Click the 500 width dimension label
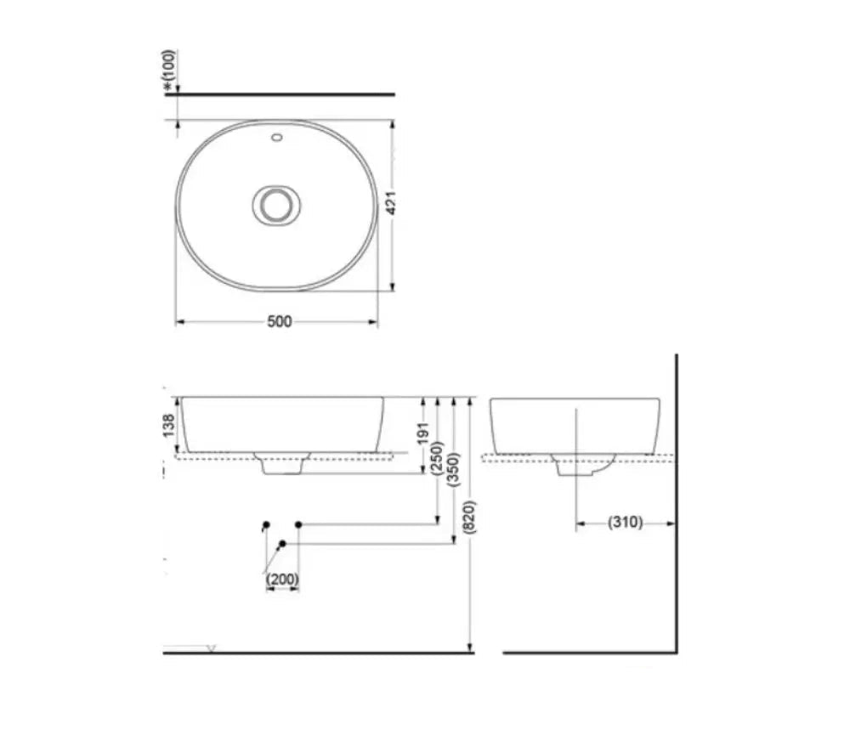[x=279, y=321]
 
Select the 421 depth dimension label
[x=392, y=203]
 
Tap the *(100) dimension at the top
[x=170, y=70]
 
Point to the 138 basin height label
[x=169, y=424]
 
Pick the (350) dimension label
[x=454, y=468]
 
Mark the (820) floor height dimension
[x=471, y=517]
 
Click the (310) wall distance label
[x=625, y=523]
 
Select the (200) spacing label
[x=282, y=580]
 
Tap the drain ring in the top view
[x=275, y=205]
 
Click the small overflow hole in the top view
[x=277, y=137]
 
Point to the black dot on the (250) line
[x=299, y=524]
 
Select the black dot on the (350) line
[x=282, y=543]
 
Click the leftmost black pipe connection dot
[x=266, y=524]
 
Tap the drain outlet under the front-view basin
[x=282, y=464]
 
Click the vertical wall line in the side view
[x=676, y=501]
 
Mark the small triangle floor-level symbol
[x=211, y=648]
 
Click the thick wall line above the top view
[x=280, y=94]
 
